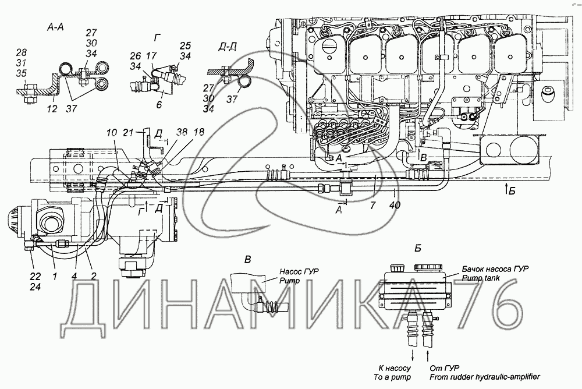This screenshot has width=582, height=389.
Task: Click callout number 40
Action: pyautogui.click(x=396, y=206)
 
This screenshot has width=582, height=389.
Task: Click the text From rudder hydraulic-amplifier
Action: pyautogui.click(x=482, y=377)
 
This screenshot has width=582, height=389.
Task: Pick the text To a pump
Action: pyautogui.click(x=395, y=377)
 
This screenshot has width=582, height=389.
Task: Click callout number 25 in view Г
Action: pyautogui.click(x=184, y=45)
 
